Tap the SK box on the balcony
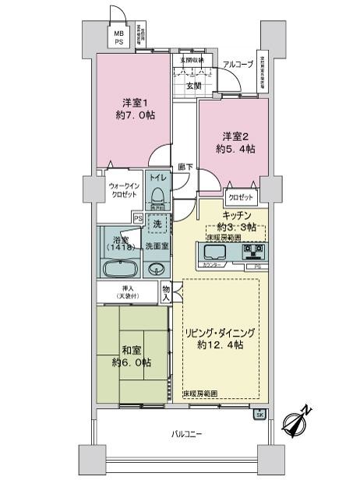259,414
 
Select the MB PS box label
119,39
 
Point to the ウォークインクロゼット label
123,189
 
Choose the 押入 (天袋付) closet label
126,291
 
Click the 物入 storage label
166,292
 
